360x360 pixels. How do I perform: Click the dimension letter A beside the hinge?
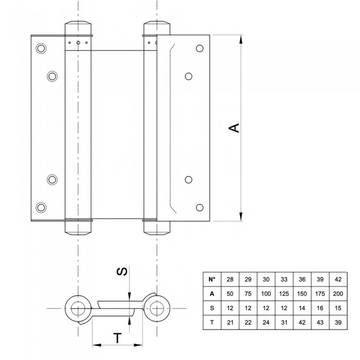234,128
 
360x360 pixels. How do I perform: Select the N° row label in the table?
212,279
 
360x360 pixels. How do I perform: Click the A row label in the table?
212,293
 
